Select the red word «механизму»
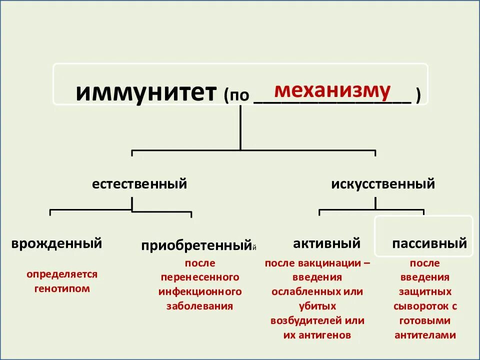[x=332, y=90]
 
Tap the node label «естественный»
[x=139, y=184]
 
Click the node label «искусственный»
[x=383, y=184]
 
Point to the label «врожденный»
[x=56, y=243]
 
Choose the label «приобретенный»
[x=195, y=245]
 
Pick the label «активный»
[x=326, y=243]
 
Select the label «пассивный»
[x=429, y=243]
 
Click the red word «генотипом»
[x=62, y=288]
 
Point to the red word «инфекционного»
[x=200, y=291]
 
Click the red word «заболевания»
[x=200, y=306]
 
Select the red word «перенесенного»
[x=200, y=277]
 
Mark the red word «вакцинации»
[x=329, y=263]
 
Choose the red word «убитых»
[x=317, y=306]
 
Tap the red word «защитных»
[x=425, y=291]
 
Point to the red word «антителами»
[x=425, y=335]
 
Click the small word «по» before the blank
[x=239, y=95]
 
